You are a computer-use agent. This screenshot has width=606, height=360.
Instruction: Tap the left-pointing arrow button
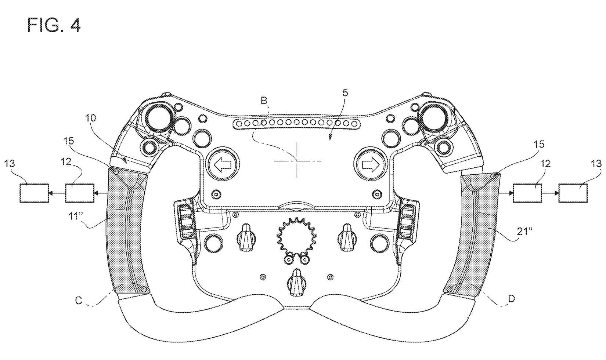[x=223, y=165]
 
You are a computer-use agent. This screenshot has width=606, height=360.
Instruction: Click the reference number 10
[x=91, y=118]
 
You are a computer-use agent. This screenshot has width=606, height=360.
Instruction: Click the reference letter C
[x=78, y=300]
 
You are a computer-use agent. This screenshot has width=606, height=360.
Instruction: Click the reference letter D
[x=511, y=299]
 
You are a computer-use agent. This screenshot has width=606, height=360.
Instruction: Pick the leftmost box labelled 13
[x=34, y=193]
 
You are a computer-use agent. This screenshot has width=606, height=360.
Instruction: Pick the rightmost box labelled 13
[x=573, y=193]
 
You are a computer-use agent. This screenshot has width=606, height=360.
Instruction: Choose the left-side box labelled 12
[x=79, y=193]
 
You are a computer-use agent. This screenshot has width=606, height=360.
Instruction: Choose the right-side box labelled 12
[x=527, y=193]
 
